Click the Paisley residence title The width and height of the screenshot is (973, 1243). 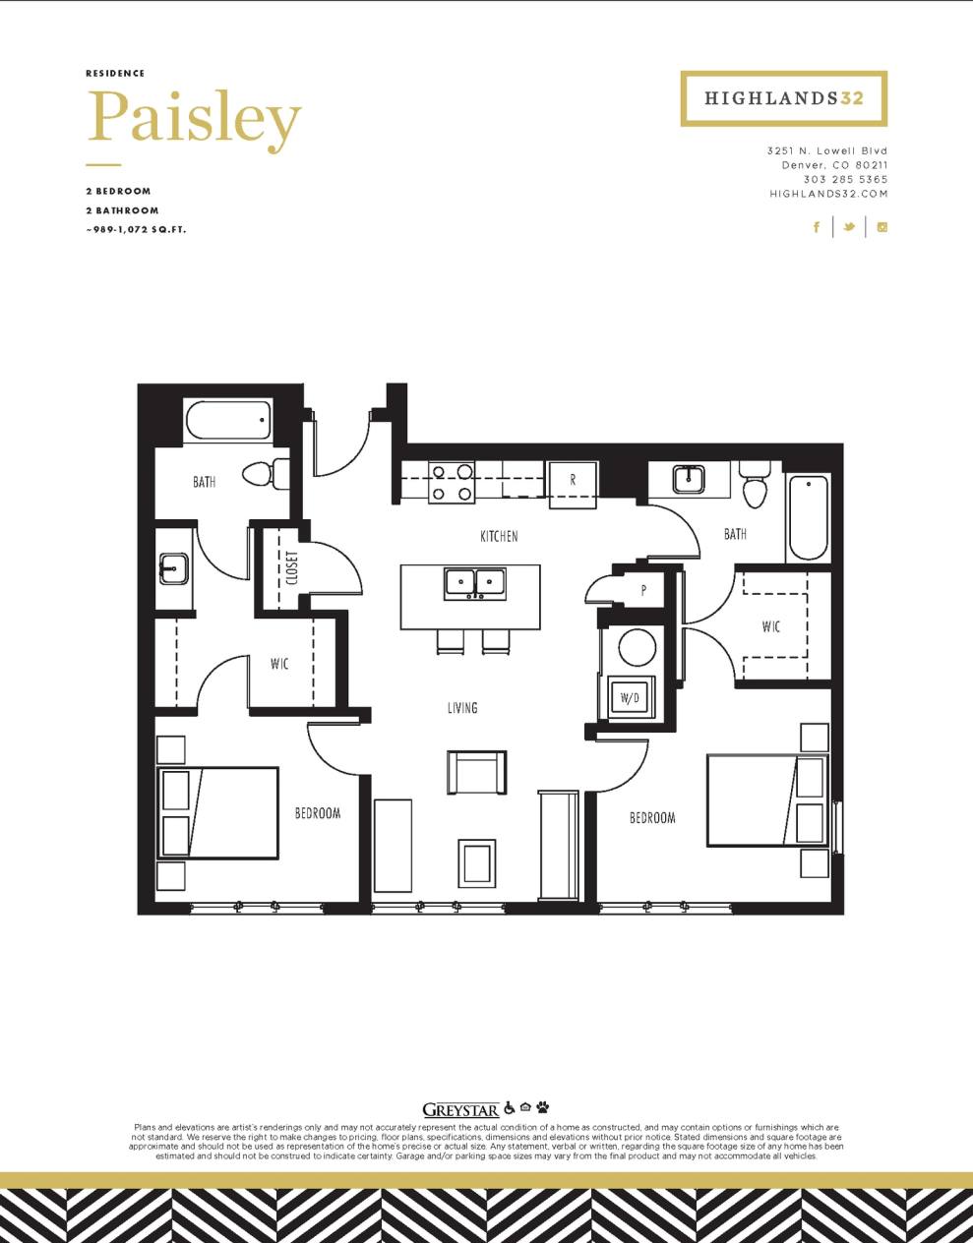[x=193, y=119]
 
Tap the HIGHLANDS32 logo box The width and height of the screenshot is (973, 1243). [x=783, y=98]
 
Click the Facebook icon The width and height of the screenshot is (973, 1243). [x=817, y=227]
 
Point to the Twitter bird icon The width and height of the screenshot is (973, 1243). [x=848, y=227]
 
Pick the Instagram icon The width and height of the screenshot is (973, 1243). [x=882, y=227]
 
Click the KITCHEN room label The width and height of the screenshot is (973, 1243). [x=499, y=536]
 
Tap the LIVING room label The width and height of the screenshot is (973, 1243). [x=462, y=707]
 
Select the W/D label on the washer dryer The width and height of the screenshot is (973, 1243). [x=629, y=698]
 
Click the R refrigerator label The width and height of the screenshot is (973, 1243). [x=573, y=481]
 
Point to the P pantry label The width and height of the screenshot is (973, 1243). [x=643, y=591]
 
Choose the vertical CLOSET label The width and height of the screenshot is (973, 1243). [x=292, y=567]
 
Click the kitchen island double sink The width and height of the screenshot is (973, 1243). [x=476, y=583]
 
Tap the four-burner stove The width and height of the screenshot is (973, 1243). [x=452, y=482]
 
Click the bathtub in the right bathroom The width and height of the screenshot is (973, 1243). [x=810, y=516]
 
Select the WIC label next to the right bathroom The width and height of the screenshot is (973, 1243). [x=771, y=625]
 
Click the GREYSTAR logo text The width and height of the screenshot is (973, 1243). [x=460, y=1110]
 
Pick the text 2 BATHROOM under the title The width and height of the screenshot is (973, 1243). [x=122, y=210]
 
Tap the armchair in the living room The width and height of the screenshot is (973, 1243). [x=477, y=772]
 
